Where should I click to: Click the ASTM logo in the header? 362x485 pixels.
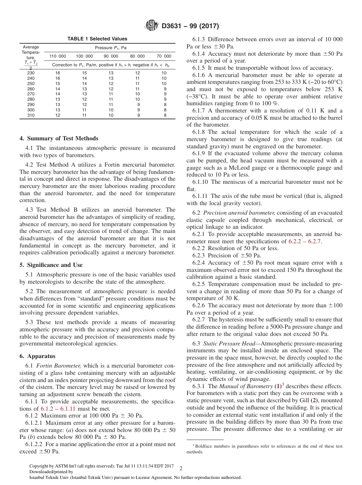[x=152, y=26]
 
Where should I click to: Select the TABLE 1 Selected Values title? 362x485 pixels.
[x=97, y=39]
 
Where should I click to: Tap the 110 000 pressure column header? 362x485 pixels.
[x=58, y=56]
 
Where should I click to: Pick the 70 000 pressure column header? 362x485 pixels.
[x=164, y=56]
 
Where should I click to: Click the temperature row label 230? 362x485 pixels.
[x=31, y=73]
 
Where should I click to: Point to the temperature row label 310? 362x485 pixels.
[x=31, y=115]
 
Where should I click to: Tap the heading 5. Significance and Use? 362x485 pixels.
[x=51, y=265]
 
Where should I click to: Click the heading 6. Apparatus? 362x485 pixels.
[x=38, y=356]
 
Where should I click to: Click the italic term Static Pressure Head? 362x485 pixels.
[x=231, y=344]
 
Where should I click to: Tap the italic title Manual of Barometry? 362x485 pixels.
[x=246, y=386]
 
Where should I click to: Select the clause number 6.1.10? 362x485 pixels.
[x=201, y=182]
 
